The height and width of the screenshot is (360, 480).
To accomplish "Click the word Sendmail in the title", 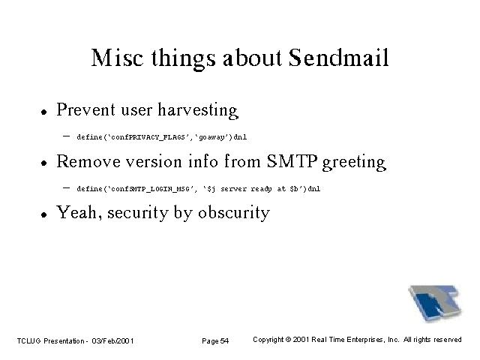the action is coord(338,58).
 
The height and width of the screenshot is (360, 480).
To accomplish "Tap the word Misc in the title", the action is coord(117,58).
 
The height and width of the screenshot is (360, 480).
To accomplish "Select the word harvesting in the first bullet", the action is coord(198,110).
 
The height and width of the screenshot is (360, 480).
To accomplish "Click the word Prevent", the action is coord(85,109).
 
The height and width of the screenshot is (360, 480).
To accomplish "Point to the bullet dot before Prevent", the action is coord(44,112).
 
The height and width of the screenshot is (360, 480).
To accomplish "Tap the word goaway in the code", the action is coord(211,137).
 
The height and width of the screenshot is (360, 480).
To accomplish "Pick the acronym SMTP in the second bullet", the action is coord(292,161).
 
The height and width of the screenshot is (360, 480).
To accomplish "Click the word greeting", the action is coord(354,162).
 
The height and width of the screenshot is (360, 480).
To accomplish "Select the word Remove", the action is coord(88,161).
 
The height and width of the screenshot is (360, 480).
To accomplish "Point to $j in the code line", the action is coord(211,189).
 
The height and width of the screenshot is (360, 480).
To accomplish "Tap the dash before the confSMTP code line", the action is coord(66,187).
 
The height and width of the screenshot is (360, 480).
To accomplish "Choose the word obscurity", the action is coord(234,212).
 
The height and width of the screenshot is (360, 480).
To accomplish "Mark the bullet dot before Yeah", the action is coord(44,214).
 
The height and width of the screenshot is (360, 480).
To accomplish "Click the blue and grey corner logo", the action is coord(435,303).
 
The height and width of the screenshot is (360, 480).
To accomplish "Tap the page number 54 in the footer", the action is coord(224,340).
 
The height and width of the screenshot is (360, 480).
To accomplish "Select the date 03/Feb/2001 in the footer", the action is coord(112,340).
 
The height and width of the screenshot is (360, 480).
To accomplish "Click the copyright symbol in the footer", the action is coord(288,340).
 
